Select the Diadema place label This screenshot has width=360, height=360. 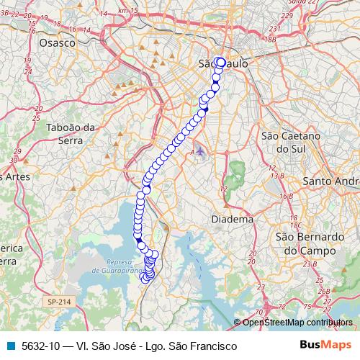(x=232, y=219)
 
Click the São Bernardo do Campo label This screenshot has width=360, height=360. (x=310, y=243)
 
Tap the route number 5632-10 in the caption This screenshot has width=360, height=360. (x=41, y=346)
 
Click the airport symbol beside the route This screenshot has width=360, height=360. (x=200, y=153)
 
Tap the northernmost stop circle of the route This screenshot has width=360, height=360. (x=220, y=62)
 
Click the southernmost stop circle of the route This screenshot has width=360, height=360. (x=146, y=279)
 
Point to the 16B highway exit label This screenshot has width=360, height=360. (x=286, y=195)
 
